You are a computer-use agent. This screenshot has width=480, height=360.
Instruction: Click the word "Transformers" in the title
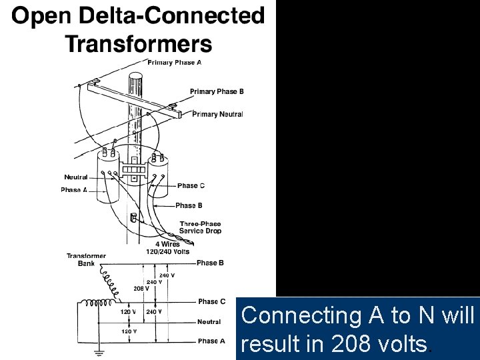coord(138,44)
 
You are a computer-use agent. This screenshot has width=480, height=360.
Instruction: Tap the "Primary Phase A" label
coord(175,62)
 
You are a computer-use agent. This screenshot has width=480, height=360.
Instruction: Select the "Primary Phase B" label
coord(217,91)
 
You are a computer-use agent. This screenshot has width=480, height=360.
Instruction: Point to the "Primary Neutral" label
coord(217,114)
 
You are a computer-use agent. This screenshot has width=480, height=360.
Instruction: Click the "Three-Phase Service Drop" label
coord(200,227)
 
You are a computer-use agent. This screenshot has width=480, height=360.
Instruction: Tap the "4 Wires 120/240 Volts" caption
coord(167,248)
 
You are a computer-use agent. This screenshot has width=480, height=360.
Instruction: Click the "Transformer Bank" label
coord(86,259)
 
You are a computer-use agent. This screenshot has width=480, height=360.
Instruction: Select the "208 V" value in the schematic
coord(141,288)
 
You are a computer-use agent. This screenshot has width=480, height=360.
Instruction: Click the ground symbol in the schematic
coord(98,351)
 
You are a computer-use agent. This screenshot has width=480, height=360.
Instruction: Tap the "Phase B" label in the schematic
coord(210,263)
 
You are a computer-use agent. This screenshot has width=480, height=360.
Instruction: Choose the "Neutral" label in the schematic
coord(209,322)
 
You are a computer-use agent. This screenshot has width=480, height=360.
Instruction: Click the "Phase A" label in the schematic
coord(211,341)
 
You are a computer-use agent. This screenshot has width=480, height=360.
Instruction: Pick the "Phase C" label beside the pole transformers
coord(191,185)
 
